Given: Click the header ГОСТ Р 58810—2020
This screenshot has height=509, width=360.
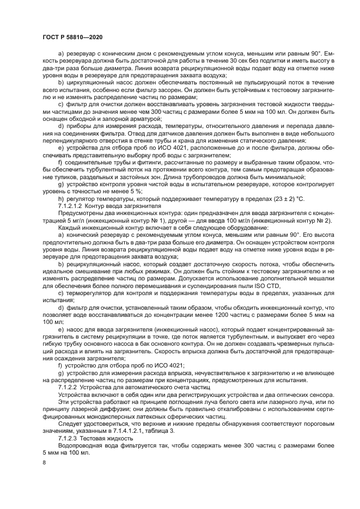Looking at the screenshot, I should [72, 36].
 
